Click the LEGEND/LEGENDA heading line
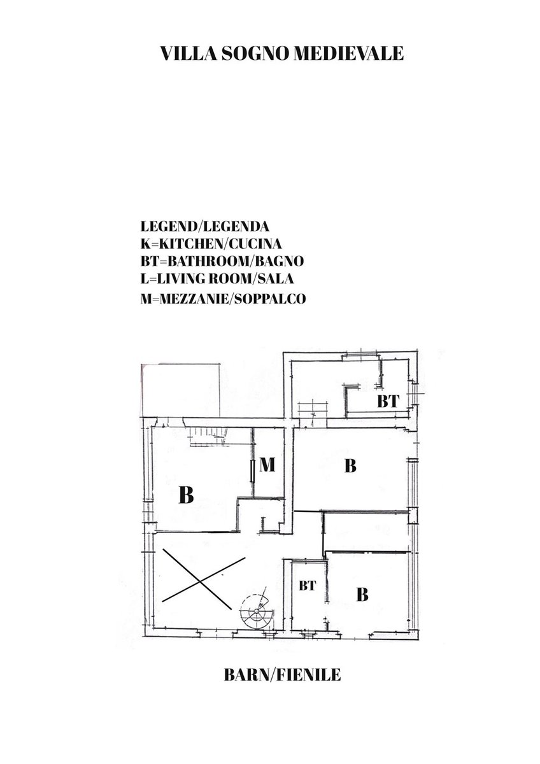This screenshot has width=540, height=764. click(x=204, y=227)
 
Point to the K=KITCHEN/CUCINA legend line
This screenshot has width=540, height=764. click(x=211, y=244)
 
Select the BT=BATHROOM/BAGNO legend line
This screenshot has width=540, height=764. click(x=222, y=261)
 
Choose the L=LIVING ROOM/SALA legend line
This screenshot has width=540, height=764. click(x=217, y=279)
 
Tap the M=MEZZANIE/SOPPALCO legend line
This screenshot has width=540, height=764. click(x=223, y=299)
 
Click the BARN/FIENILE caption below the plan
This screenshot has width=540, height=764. click(x=282, y=672)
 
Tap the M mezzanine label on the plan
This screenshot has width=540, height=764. click(x=267, y=465)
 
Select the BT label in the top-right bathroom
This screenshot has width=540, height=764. click(x=388, y=402)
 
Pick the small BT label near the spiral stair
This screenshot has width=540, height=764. click(x=308, y=586)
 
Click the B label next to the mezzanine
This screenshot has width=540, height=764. click(x=186, y=495)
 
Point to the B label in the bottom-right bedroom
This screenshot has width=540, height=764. click(x=362, y=595)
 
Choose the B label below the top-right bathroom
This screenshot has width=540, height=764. click(x=350, y=465)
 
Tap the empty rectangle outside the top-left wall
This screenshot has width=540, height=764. click(x=180, y=390)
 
